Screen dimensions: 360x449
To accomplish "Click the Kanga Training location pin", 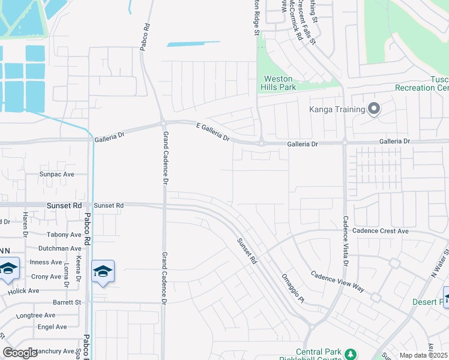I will coord(374,109).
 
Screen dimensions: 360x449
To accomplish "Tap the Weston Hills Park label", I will coord(279,83).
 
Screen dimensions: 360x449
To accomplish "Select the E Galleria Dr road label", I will coord(214,131).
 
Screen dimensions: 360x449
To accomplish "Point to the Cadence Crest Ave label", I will coord(381,231).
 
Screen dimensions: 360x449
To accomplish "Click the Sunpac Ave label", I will coord(56,174).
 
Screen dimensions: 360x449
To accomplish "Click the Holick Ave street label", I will coord(24,290).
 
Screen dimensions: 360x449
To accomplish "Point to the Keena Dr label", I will coord(78,272).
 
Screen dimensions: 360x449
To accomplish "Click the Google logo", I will coord(20,352).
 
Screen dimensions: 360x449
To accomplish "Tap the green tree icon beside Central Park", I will coord(351,352).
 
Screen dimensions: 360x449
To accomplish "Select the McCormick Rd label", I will coord(296,20).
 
